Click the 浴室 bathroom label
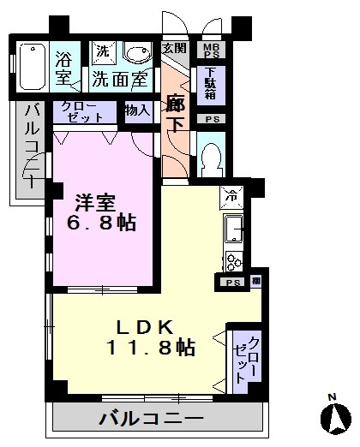click(63, 68)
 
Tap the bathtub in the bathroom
click(31, 65)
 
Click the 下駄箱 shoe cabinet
click(210, 83)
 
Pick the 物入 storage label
click(137, 110)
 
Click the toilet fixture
click(213, 158)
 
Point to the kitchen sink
click(234, 228)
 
